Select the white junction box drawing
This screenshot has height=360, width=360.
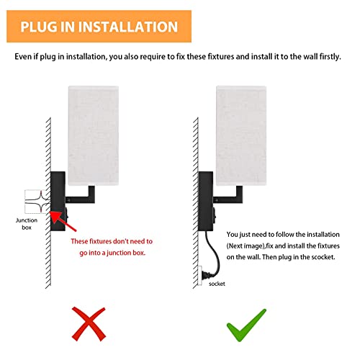[x=36, y=202]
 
